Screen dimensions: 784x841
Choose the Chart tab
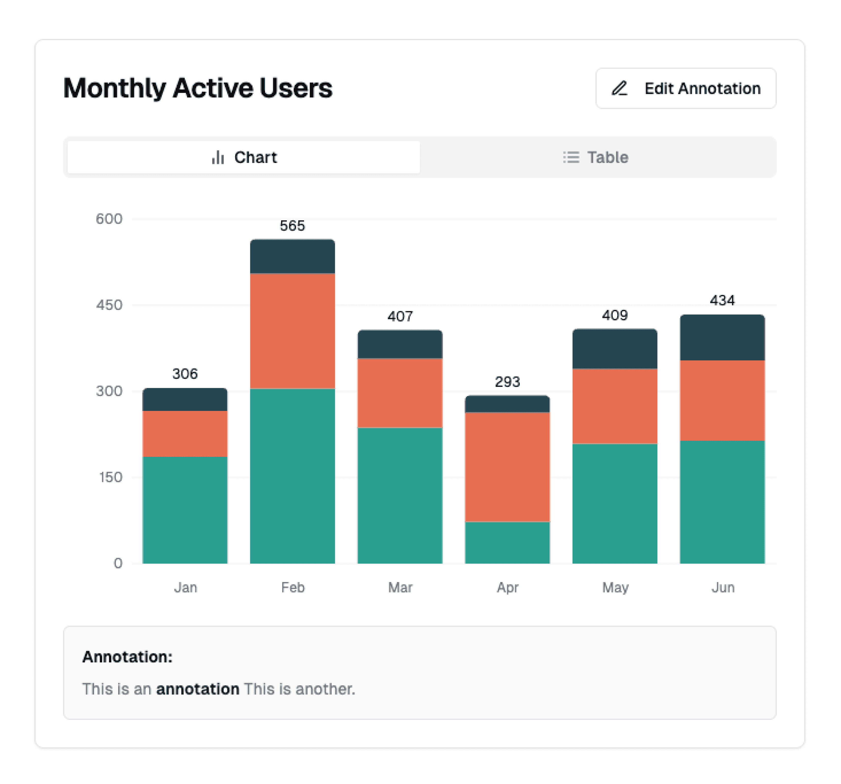click(244, 157)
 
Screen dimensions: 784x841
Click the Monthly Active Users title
click(198, 88)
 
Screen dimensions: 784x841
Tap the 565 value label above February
click(292, 226)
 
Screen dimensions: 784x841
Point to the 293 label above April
click(507, 382)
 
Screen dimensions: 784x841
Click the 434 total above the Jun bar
click(722, 300)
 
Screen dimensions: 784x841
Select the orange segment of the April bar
click(507, 467)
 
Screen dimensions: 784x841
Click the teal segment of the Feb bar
click(292, 476)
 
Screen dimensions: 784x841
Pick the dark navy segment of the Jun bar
click(722, 337)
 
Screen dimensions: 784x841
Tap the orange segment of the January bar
click(185, 434)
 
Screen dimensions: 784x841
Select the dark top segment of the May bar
click(615, 349)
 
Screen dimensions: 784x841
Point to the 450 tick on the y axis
click(109, 305)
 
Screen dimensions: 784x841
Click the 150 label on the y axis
click(110, 477)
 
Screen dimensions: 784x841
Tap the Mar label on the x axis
click(400, 588)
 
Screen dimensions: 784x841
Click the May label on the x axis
click(615, 588)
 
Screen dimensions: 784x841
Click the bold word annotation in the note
click(198, 689)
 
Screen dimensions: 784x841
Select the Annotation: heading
click(127, 657)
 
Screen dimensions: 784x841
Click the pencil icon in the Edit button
click(619, 88)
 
